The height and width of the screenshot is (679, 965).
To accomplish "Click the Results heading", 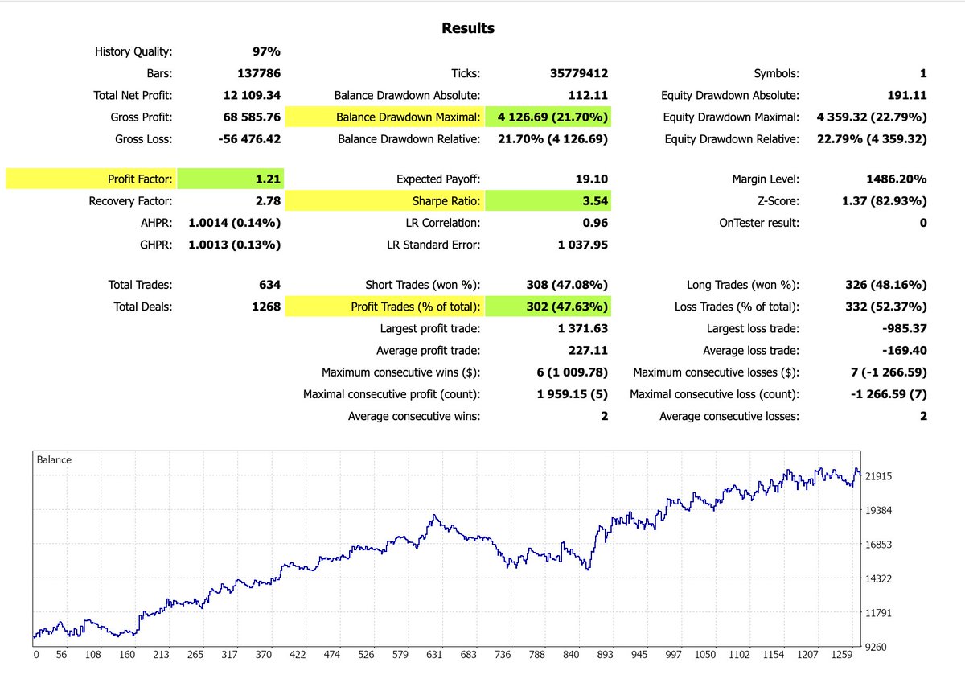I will coord(468,28).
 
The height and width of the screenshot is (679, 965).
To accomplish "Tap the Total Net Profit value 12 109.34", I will coord(252,95).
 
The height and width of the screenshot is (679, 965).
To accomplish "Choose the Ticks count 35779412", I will coord(573,73).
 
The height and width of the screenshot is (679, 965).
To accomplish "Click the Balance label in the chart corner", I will coord(54,460).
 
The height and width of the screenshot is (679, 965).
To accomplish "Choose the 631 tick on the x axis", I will coord(435,654).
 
